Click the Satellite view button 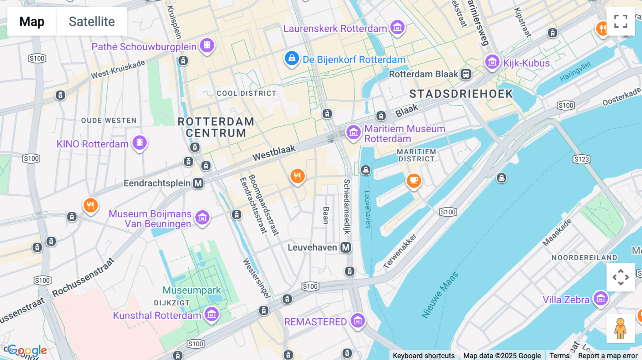coord(92,21)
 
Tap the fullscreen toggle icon coord(621,21)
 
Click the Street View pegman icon coord(621,328)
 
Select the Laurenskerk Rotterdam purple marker coord(397,27)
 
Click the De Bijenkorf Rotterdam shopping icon coord(291,58)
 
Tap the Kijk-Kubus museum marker coord(492,62)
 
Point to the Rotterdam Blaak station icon coord(466,74)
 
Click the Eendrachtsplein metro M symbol coord(198,183)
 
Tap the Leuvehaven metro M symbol coord(346,247)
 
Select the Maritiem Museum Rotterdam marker coord(353,133)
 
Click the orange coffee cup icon coord(414,180)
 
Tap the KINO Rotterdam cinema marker coord(139,143)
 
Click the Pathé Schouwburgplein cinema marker coord(207,46)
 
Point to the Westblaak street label coord(274,153)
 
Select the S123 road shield coord(581,159)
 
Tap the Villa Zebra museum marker coord(601,298)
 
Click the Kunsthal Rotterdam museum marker coord(212,314)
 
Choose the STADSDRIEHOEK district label coord(461,94)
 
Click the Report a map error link coord(608,356)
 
